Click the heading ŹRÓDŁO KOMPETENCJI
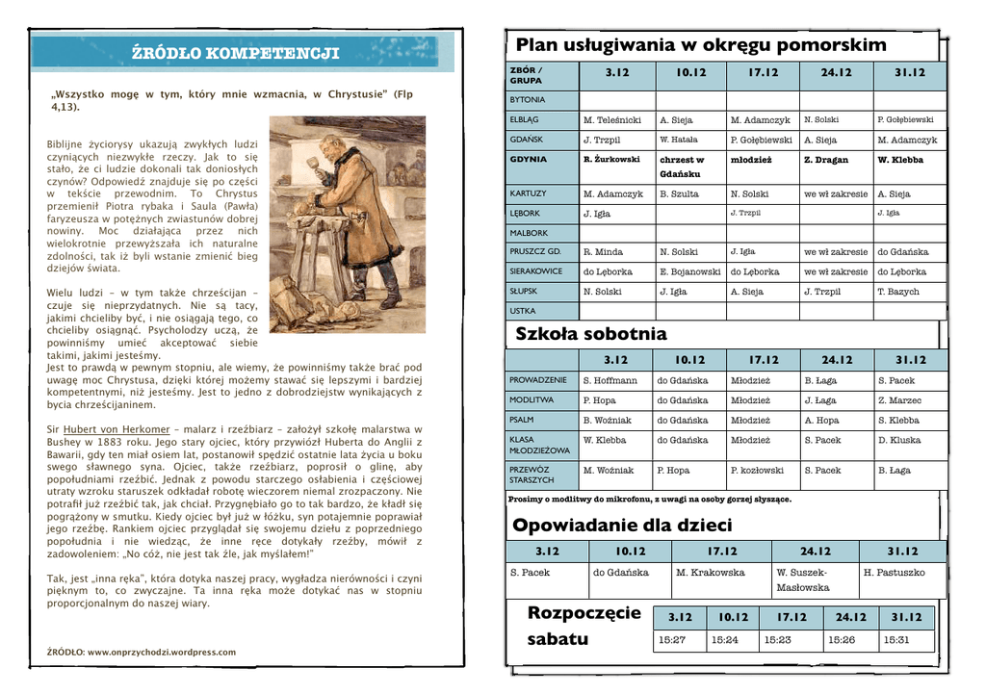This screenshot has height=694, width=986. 235,53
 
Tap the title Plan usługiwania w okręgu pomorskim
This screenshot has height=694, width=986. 701,45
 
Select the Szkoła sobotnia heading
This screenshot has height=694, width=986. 591,334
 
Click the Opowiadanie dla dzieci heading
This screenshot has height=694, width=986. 622,525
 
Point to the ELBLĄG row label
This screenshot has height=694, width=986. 524,120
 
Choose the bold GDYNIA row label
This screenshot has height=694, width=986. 528,160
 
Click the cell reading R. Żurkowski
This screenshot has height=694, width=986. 611,160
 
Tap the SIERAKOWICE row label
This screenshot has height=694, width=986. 536,271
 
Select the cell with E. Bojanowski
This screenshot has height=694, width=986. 689,271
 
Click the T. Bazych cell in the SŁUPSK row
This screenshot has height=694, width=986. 898,292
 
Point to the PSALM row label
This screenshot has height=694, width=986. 523,421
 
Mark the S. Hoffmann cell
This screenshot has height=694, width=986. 610,380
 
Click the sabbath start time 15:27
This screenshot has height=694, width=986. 672,639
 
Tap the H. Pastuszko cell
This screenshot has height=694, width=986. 895,573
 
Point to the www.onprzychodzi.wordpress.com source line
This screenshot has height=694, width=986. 141,653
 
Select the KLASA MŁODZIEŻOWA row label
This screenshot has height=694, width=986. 539,445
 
